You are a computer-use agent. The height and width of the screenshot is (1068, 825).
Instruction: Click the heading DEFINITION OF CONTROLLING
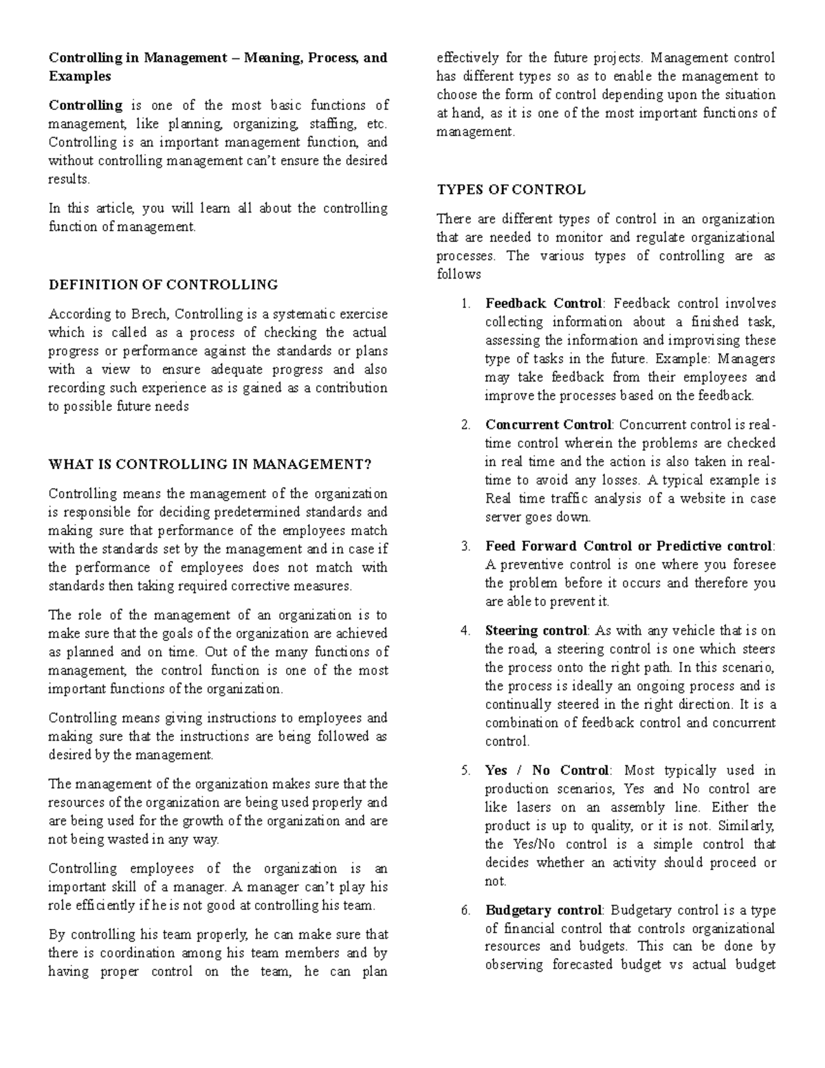click(x=163, y=285)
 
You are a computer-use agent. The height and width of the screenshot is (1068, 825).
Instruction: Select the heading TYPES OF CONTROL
click(x=511, y=190)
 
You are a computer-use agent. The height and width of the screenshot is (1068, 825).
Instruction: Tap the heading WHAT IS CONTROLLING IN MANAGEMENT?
click(x=210, y=464)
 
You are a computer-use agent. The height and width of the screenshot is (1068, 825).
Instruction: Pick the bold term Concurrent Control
click(x=548, y=425)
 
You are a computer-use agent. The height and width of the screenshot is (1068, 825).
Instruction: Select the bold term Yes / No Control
click(x=547, y=770)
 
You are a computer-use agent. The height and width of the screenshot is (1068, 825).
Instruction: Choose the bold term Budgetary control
click(x=543, y=911)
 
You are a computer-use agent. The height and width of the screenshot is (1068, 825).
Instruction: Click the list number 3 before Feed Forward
click(x=465, y=547)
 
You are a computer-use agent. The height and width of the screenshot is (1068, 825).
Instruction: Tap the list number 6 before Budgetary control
click(x=465, y=911)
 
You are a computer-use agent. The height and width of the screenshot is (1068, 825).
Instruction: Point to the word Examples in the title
click(x=79, y=76)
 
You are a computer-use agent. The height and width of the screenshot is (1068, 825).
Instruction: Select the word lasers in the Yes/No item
click(x=533, y=807)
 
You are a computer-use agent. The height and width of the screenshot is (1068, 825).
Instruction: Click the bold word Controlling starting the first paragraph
click(x=85, y=106)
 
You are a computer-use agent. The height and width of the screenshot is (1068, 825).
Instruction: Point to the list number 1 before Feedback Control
click(x=465, y=303)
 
